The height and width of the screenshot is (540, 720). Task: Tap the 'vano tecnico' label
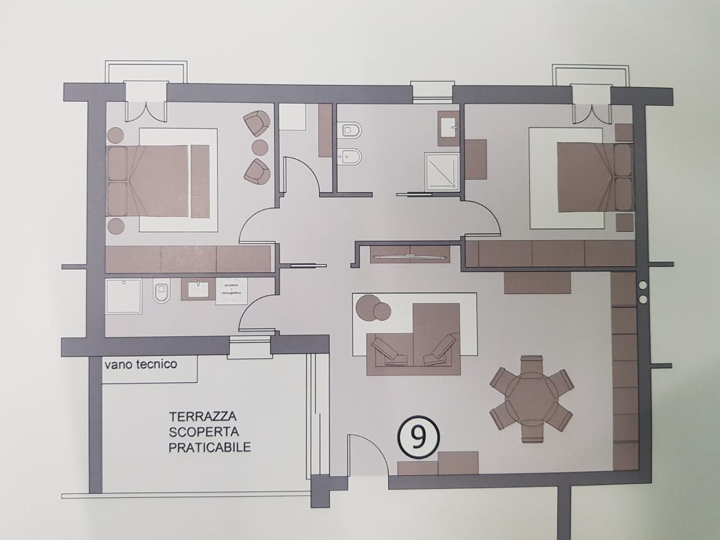click(140, 364)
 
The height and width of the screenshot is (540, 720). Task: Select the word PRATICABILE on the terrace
click(209, 448)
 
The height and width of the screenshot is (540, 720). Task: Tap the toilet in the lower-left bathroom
click(161, 292)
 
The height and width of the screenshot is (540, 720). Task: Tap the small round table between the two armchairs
click(260, 146)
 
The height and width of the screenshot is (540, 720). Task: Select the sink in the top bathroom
click(449, 125)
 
